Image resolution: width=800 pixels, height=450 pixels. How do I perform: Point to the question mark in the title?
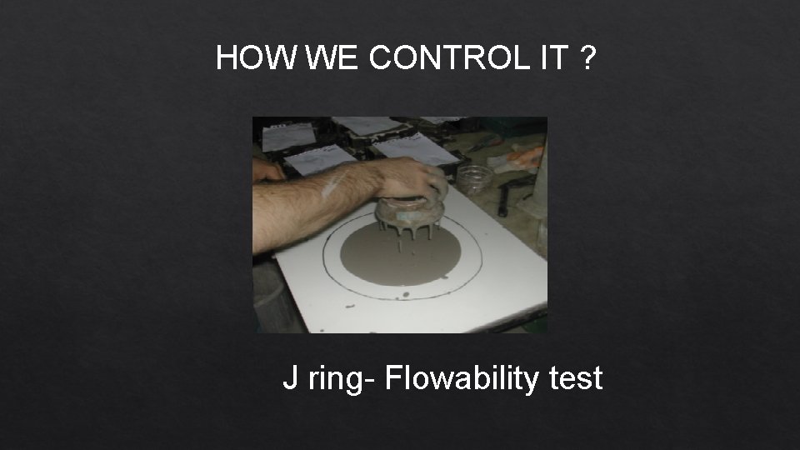click(587, 58)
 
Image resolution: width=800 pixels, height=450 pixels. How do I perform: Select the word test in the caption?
click(576, 379)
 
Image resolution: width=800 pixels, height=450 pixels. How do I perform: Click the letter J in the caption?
click(290, 379)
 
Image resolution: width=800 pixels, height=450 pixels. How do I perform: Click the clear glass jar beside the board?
click(473, 179)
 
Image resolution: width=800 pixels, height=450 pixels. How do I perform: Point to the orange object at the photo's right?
click(525, 156)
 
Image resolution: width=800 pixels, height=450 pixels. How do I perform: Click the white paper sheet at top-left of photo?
click(287, 136)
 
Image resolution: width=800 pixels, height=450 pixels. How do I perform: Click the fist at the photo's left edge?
click(267, 171)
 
